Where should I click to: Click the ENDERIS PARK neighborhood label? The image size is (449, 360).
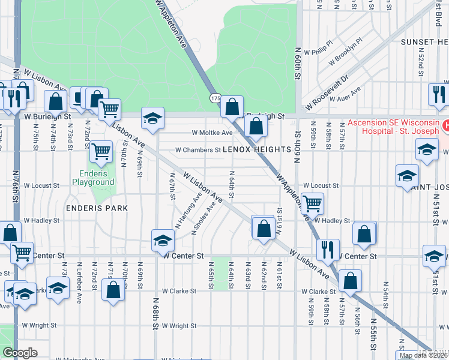coord(98,208)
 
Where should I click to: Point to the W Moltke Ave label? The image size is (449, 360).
coord(212,133)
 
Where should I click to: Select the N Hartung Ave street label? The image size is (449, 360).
coord(188,211)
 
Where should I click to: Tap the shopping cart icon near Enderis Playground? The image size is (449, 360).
coord(101,151)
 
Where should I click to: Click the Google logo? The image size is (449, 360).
coord(20,353)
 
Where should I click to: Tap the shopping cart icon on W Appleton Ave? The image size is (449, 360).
coord(312,204)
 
